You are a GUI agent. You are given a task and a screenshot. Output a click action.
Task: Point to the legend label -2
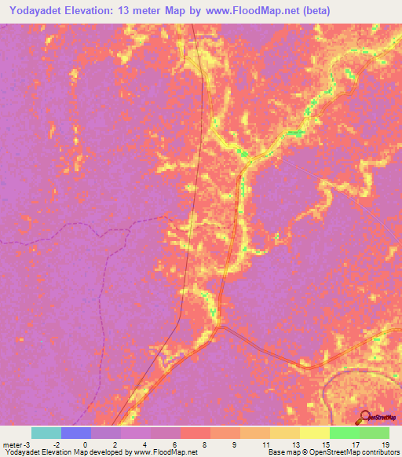tap(46, 444)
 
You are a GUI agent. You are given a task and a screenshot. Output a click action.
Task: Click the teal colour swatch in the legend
tap(46, 433)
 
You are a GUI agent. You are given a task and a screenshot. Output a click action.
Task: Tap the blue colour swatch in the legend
tap(76, 433)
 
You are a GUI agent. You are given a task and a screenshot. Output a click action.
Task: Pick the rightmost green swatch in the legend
tap(374, 433)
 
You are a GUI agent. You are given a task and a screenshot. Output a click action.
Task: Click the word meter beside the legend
tap(12, 444)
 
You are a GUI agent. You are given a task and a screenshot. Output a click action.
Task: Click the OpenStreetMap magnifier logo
tap(364, 418)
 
